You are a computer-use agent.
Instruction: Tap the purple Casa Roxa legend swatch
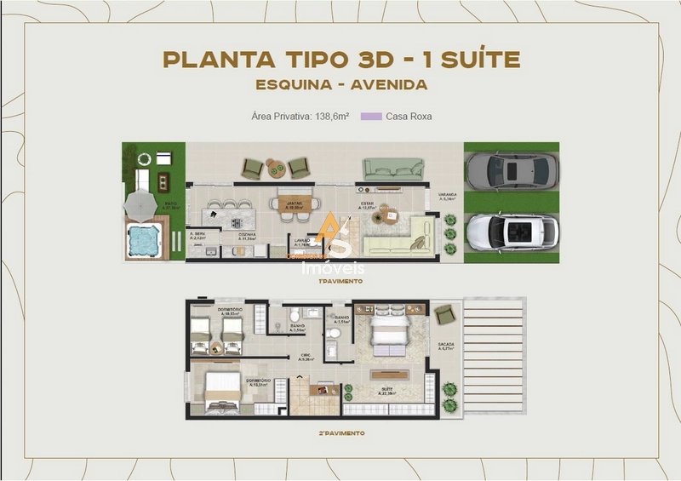coord(370,116)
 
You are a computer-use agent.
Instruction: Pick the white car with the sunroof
coord(512,231)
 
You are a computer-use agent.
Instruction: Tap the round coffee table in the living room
coord(391,215)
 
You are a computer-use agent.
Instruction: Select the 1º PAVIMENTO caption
coord(340,280)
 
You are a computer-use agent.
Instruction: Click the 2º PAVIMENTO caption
coord(340,433)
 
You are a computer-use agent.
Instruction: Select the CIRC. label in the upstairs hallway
coord(304,357)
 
